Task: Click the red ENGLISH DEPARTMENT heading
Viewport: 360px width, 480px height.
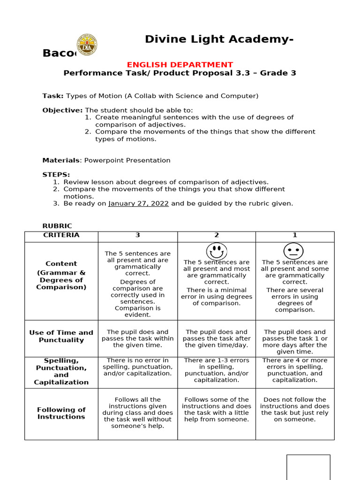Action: (x=180, y=65)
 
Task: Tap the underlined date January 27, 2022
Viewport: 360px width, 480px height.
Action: (x=138, y=203)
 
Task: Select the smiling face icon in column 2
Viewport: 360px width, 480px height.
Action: (x=216, y=251)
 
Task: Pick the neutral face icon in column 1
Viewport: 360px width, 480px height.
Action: (x=293, y=251)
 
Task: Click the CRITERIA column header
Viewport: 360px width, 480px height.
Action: (x=61, y=235)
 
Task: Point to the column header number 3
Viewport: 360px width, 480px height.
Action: (x=138, y=235)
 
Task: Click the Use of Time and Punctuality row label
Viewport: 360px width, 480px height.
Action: (x=61, y=336)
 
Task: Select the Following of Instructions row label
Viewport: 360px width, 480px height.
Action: (x=61, y=413)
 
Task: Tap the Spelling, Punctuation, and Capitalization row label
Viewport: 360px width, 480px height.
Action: (x=61, y=371)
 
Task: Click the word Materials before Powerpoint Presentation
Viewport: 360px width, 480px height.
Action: (x=61, y=160)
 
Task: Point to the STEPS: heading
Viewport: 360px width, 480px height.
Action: (x=56, y=175)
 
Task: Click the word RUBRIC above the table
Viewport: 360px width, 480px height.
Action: (x=57, y=226)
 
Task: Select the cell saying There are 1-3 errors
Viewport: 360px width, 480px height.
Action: (x=216, y=370)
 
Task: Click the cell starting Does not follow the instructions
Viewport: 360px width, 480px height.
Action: (x=295, y=410)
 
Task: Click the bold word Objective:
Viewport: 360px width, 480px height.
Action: (x=62, y=110)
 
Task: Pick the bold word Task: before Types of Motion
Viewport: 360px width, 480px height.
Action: (x=53, y=96)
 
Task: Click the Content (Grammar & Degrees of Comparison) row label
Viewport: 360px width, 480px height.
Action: (x=61, y=276)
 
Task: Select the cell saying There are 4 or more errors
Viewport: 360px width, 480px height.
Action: (x=295, y=370)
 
